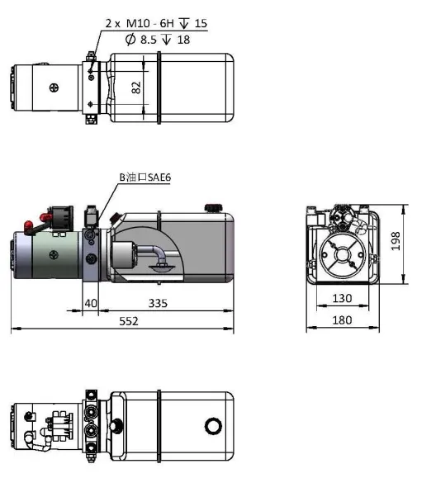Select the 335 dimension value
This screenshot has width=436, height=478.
158,303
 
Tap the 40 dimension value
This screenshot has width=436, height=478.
91,303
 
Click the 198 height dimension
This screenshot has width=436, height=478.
396,240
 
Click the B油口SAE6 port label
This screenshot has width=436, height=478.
145,177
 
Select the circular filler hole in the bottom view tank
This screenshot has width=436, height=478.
214,425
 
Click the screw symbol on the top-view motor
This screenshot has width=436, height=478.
54,88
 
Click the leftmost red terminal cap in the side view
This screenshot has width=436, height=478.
29,224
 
